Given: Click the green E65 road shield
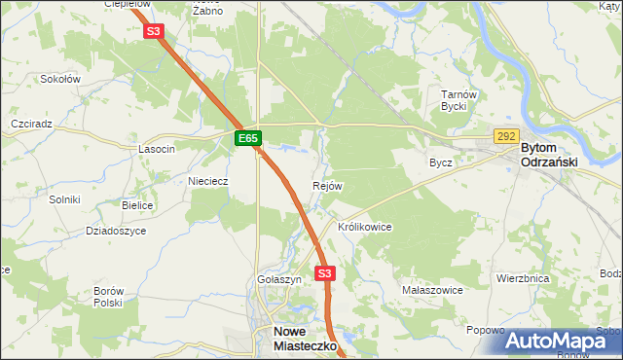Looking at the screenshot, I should [248, 139].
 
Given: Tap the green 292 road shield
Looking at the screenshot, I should [505, 137].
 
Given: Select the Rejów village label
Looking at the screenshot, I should [327, 186].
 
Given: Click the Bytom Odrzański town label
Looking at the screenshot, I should [551, 155].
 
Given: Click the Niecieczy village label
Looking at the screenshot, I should [206, 181].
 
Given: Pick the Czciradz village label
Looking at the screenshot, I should [30, 125].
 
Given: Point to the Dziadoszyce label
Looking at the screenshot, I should [116, 231].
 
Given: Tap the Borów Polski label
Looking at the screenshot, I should [107, 297].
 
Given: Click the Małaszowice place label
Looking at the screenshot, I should [432, 290].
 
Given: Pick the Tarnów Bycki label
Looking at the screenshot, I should [457, 100].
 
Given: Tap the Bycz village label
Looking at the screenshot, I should [441, 162].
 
